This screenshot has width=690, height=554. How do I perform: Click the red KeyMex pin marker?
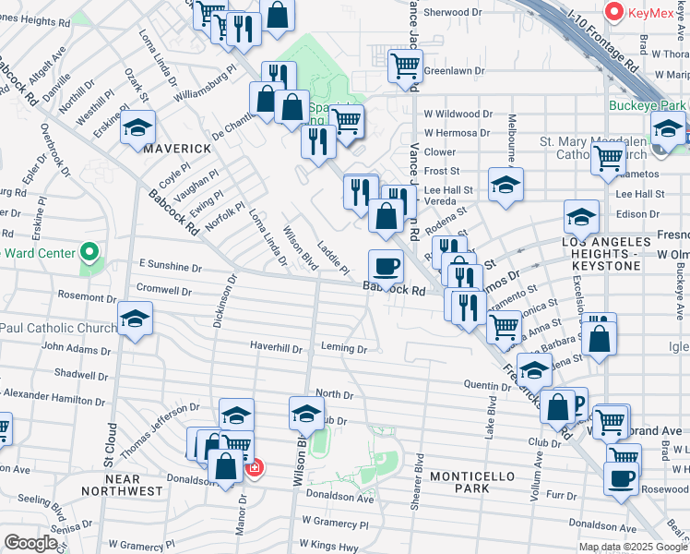pyautogui.click(x=613, y=12)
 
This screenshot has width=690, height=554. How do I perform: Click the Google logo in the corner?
pyautogui.click(x=31, y=542)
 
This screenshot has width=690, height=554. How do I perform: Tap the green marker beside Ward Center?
pyautogui.click(x=89, y=251)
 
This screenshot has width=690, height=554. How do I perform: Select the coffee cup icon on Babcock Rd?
pyautogui.click(x=386, y=266)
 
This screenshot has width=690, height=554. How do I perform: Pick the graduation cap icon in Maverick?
pyautogui.click(x=137, y=126)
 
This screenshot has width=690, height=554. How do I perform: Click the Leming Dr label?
pyautogui.click(x=344, y=349)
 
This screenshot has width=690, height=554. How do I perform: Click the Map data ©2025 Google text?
pyautogui.click(x=633, y=547)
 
